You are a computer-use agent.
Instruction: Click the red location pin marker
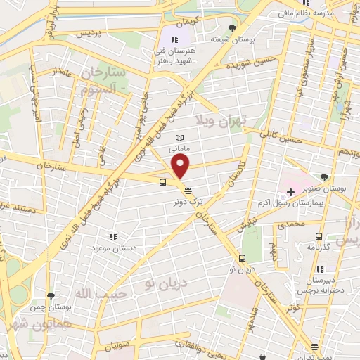pos(181,167)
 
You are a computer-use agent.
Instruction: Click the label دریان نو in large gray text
pos(165,283)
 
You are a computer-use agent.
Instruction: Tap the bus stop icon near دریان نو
pos(243,258)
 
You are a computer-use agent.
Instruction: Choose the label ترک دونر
pos(189,201)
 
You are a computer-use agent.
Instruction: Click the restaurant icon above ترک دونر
pos(187,190)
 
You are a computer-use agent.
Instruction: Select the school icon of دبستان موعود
pos(112,237)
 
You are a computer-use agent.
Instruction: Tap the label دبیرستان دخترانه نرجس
pos(324,283)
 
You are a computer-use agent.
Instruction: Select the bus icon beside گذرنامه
pos(320,236)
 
